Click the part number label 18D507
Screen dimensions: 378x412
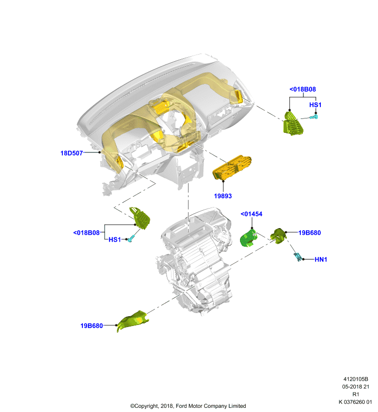pyautogui.click(x=72, y=153)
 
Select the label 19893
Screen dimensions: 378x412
pyautogui.click(x=223, y=196)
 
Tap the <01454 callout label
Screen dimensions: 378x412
pyautogui.click(x=251, y=214)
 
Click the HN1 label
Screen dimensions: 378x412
pyautogui.click(x=321, y=260)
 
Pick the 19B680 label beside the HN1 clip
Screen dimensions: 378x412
pyautogui.click(x=310, y=233)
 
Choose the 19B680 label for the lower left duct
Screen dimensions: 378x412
pyautogui.click(x=92, y=326)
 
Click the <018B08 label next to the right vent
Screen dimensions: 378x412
pyautogui.click(x=303, y=89)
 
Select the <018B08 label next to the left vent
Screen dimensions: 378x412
pyautogui.click(x=87, y=233)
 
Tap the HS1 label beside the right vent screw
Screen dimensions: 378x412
pyautogui.click(x=315, y=105)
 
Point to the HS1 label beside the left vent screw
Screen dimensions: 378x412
pyautogui.click(x=114, y=239)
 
